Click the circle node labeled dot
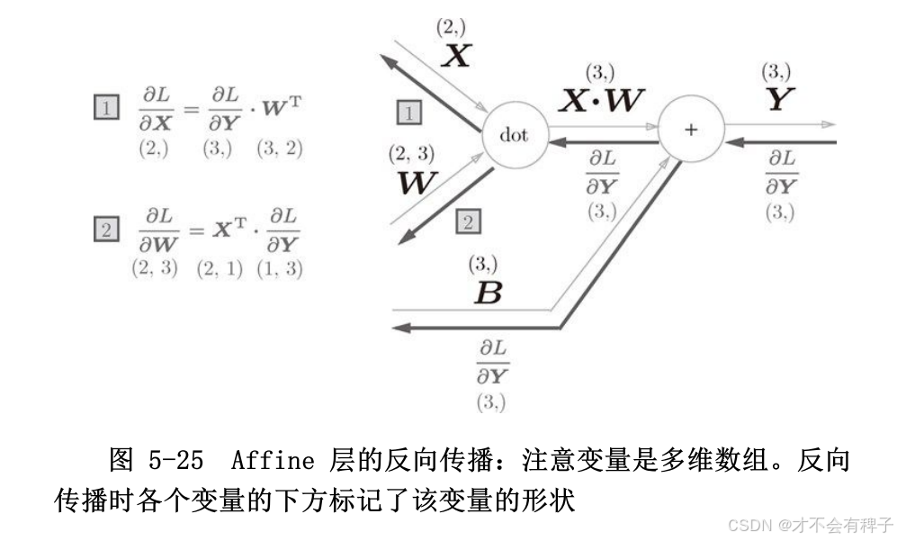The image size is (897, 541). tap(515, 137)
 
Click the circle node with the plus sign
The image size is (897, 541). tap(690, 130)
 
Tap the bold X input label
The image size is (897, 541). tap(457, 57)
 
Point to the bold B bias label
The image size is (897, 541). tap(487, 293)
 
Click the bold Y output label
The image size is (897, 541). tap(779, 100)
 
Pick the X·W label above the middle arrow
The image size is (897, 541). tap(601, 100)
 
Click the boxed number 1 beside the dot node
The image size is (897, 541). tap(410, 113)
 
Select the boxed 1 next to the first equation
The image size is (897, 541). tap(106, 109)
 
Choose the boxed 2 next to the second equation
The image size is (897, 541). tap(106, 230)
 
